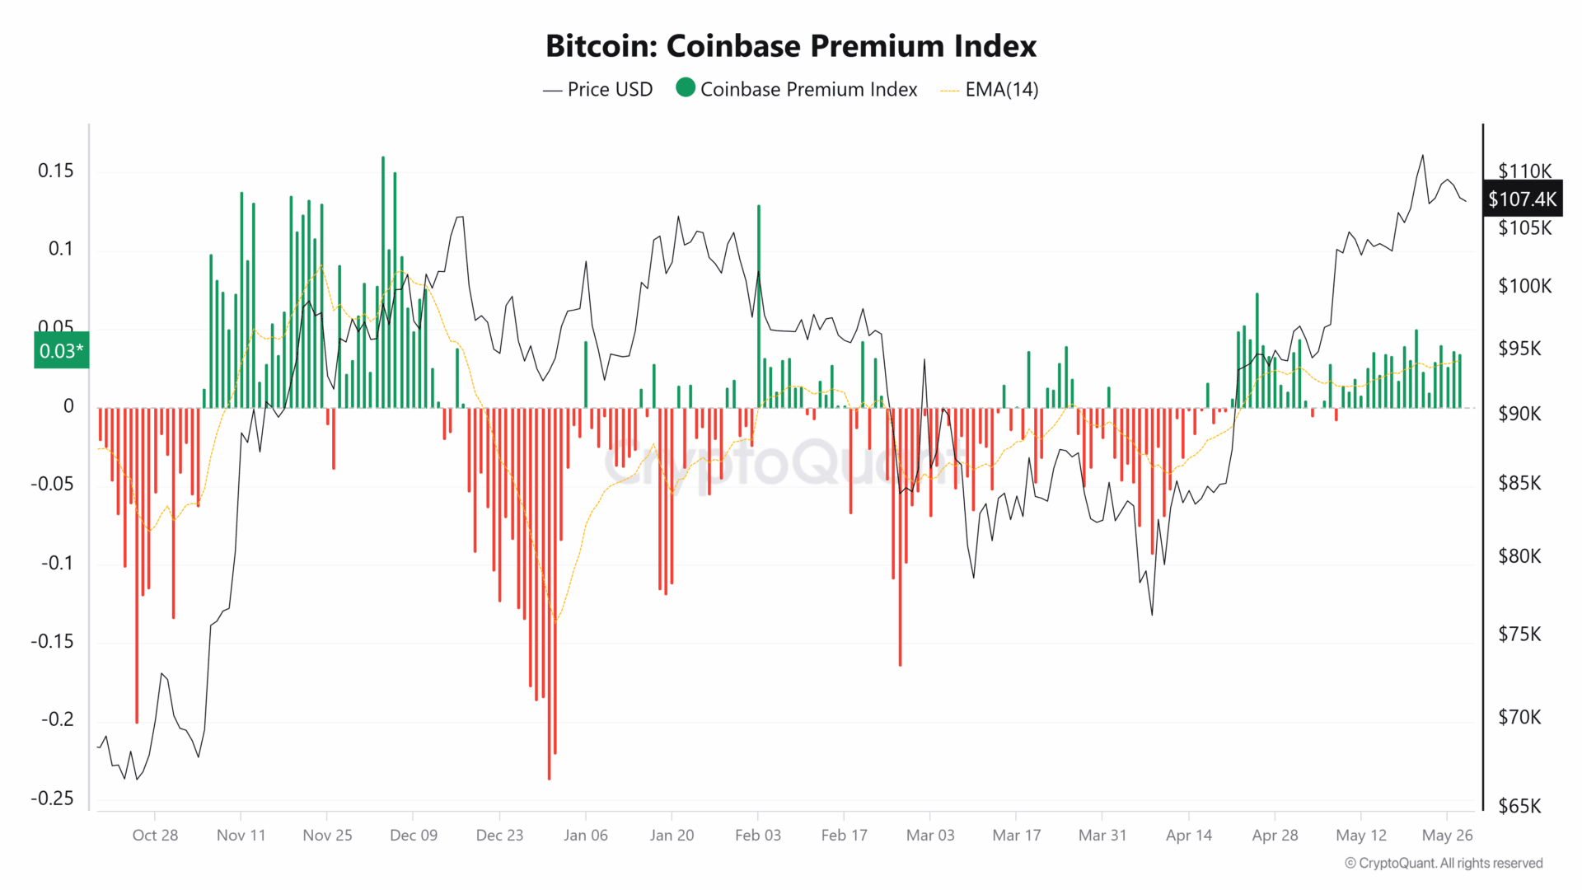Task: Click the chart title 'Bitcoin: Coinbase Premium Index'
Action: point(791,46)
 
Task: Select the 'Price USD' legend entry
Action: point(598,90)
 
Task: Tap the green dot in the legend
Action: point(686,87)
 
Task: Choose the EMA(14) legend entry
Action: point(990,90)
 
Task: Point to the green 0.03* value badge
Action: point(61,351)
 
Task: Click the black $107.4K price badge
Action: point(1522,199)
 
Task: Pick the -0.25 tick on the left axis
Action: point(52,799)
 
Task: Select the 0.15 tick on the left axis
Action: point(56,171)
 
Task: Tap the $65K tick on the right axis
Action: point(1519,806)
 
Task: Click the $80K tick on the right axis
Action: point(1519,556)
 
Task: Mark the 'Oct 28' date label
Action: point(155,836)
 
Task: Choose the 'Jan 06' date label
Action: point(586,836)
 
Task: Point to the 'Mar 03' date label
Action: point(930,836)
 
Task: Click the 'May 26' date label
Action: point(1447,836)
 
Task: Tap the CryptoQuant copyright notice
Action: point(1444,863)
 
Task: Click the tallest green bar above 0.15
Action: point(383,280)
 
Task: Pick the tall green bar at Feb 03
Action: point(759,305)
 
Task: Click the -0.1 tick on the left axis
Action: point(58,563)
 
